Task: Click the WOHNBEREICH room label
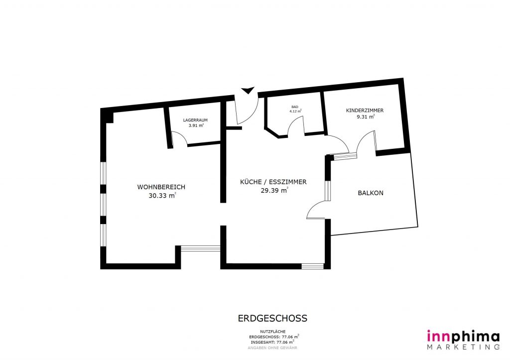click(x=161, y=187)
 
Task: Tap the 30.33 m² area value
click(x=162, y=196)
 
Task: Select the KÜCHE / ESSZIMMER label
click(x=273, y=182)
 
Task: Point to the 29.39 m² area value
click(x=274, y=191)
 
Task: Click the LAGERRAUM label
click(x=195, y=120)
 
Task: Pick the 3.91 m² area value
click(x=196, y=125)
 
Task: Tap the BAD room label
click(x=295, y=107)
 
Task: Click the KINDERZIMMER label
click(x=365, y=111)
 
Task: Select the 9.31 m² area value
click(x=366, y=117)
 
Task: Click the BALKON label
click(x=371, y=193)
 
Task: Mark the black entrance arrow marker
click(x=248, y=91)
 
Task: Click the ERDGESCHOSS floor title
click(x=272, y=318)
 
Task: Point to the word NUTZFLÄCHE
click(x=272, y=332)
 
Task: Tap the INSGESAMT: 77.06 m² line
click(x=272, y=342)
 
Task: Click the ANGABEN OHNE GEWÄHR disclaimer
click(x=272, y=348)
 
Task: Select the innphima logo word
click(x=463, y=336)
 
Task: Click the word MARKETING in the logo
click(x=463, y=347)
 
